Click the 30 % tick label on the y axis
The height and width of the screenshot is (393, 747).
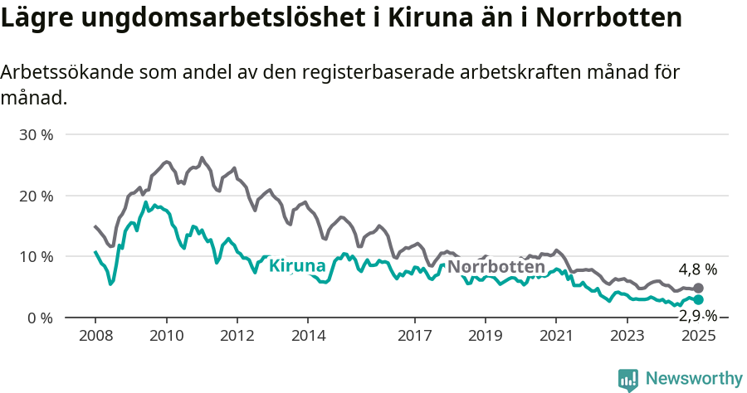(35, 135)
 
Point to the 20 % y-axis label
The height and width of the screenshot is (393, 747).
(35, 196)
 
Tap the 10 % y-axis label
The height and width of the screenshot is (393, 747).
(35, 257)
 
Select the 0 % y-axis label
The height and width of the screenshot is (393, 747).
(39, 318)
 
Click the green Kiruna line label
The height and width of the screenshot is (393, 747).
(297, 266)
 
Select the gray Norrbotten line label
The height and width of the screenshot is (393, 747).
(496, 267)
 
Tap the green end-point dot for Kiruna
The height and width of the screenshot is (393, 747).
(698, 300)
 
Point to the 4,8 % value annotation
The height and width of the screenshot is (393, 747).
(697, 269)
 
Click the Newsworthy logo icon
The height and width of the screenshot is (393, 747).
(628, 380)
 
